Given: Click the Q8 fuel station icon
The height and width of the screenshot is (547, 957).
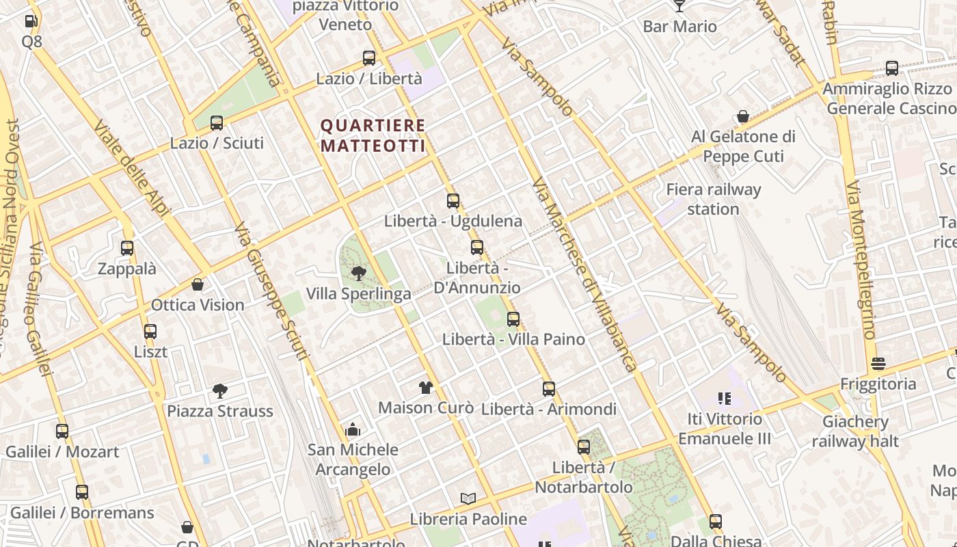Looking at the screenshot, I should (31, 21).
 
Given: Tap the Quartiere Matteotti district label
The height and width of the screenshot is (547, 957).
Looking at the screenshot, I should (373, 135).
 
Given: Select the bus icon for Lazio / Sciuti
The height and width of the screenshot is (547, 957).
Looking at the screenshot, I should (217, 123).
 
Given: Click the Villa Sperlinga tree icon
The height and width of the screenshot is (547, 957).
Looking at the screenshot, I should (358, 274).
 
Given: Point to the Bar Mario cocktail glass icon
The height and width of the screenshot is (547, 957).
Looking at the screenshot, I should (679, 6).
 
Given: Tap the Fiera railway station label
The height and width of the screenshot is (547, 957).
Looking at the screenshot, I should (713, 199).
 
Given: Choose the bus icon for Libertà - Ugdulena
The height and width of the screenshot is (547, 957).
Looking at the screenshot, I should (453, 201).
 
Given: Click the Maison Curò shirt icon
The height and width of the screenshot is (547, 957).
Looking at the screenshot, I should (426, 388).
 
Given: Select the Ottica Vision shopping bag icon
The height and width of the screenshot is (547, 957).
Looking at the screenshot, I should (198, 284).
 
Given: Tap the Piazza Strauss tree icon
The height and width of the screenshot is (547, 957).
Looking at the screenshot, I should (219, 391).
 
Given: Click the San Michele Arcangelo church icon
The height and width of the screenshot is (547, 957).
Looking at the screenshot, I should (353, 429).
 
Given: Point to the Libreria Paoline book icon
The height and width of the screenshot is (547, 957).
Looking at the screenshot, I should (468, 499).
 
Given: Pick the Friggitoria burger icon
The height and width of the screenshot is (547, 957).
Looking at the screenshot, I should (878, 364).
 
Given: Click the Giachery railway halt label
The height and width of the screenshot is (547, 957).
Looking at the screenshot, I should (855, 431).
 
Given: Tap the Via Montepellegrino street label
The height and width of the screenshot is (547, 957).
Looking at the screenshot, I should (860, 260).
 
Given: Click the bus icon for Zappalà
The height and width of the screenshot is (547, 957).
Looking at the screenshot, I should (127, 248).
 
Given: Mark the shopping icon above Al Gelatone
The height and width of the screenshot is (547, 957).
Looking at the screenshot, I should (743, 117).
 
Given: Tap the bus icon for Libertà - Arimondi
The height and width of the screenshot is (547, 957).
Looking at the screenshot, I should (548, 389).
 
